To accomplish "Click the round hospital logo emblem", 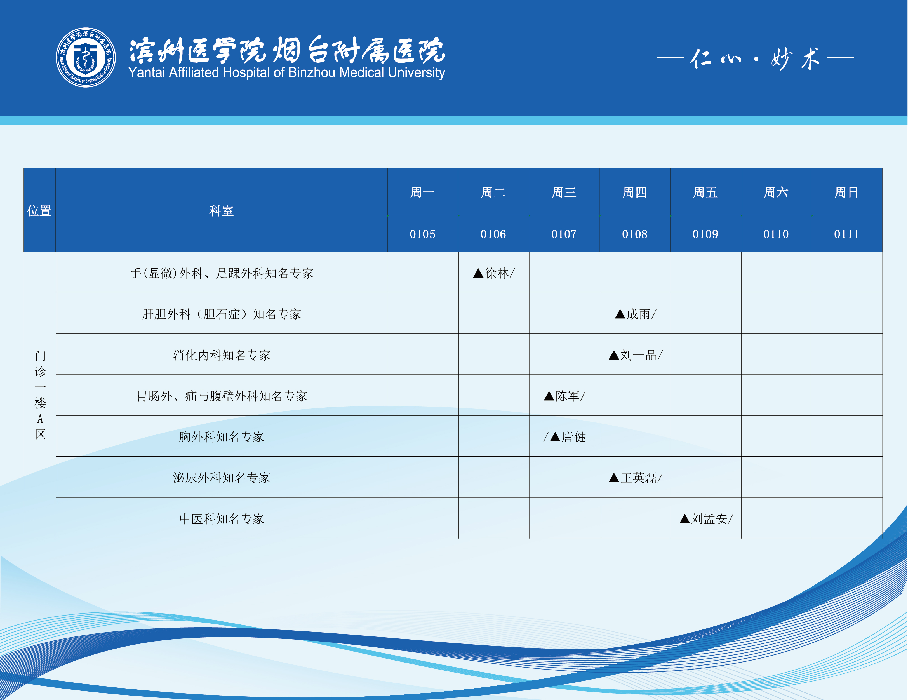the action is pyautogui.click(x=86, y=57).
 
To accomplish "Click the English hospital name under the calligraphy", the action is pyautogui.click(x=286, y=73).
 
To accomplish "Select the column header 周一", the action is pyautogui.click(x=422, y=192).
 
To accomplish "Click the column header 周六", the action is pyautogui.click(x=776, y=192).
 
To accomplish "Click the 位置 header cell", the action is pyautogui.click(x=39, y=210).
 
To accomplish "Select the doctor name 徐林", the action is pyautogui.click(x=497, y=273).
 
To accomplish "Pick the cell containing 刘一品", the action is pyautogui.click(x=635, y=354).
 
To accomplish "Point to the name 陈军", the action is pyautogui.click(x=568, y=396).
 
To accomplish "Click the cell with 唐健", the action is pyautogui.click(x=564, y=436).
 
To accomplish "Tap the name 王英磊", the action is pyautogui.click(x=639, y=478).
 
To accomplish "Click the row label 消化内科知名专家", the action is pyautogui.click(x=222, y=355).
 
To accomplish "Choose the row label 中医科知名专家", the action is pyautogui.click(x=222, y=519).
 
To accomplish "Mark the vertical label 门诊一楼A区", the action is pyautogui.click(x=40, y=395).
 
